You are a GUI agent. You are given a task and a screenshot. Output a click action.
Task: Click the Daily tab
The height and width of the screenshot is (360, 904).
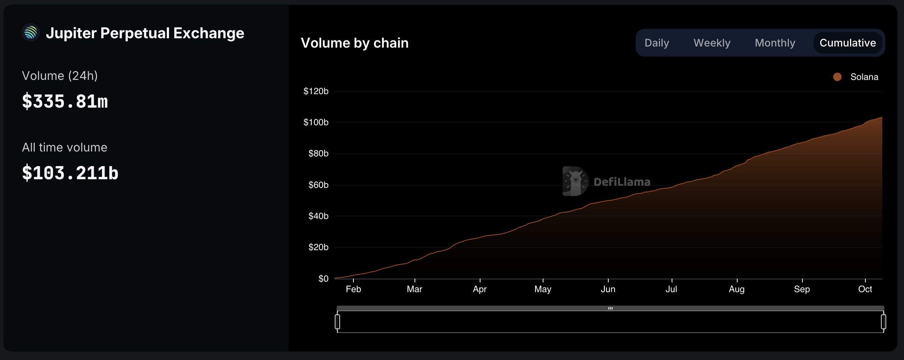point(657,43)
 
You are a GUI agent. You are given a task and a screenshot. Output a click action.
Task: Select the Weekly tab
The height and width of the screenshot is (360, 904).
point(712,43)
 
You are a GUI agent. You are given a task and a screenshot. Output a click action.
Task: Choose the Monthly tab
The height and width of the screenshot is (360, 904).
point(775,43)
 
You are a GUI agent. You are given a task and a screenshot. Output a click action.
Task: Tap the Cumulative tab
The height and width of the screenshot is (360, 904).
point(847,43)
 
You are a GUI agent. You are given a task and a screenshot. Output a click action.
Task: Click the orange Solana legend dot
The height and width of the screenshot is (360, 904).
point(837,77)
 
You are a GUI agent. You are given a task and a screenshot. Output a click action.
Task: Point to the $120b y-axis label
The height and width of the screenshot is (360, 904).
point(316,91)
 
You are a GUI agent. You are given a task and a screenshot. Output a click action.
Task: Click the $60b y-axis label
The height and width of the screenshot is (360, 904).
point(318,185)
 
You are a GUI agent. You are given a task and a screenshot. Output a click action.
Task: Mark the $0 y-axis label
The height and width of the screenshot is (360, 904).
point(323,279)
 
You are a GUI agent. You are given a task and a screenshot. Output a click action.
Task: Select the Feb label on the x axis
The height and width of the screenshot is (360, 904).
point(353,289)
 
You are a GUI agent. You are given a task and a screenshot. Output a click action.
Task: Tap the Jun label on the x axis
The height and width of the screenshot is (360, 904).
point(608,289)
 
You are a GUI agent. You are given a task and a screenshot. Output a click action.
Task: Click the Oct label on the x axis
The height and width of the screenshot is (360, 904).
point(865,289)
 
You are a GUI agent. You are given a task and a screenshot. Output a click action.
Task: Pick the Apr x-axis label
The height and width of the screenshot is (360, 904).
point(480,289)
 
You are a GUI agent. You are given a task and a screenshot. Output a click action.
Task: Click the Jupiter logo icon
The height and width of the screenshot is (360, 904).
point(31,33)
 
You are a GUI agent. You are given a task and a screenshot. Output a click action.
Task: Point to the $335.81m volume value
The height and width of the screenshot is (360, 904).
point(65,102)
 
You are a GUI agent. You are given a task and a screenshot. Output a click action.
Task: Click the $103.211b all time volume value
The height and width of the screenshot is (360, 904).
point(70,173)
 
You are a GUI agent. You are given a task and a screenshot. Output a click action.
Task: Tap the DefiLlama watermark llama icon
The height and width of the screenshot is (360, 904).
point(575,181)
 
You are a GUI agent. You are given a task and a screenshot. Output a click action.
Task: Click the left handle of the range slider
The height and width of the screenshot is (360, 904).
point(337,322)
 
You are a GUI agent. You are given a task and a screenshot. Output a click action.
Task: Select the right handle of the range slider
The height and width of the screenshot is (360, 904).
point(883,322)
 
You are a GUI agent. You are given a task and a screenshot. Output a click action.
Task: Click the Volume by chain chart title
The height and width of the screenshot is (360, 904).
point(355,43)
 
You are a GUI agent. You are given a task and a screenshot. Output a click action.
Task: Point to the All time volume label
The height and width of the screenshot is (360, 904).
point(64,147)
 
